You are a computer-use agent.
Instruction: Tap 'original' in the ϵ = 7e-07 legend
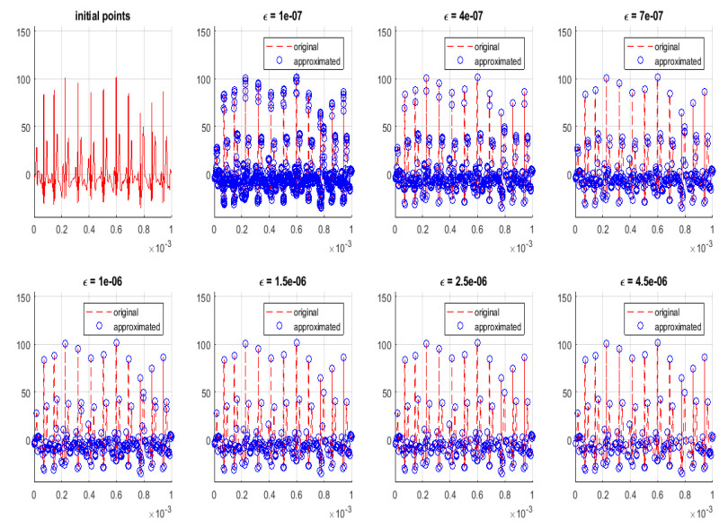(x=666, y=44)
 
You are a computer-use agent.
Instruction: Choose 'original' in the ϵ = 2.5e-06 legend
(x=486, y=310)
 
